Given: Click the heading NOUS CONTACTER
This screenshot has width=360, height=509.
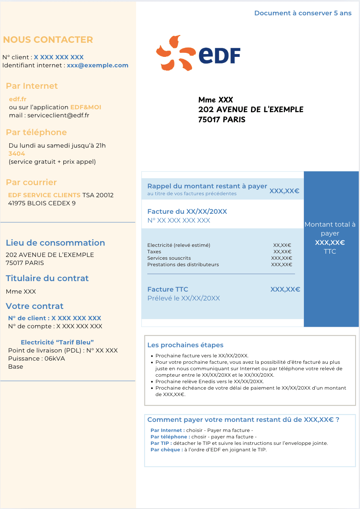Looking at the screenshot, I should [48, 40].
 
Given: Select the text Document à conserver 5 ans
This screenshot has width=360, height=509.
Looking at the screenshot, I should [303, 13].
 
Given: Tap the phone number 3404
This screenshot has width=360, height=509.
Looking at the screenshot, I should [17, 154].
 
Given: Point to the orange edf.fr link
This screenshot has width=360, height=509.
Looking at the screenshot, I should [17, 99].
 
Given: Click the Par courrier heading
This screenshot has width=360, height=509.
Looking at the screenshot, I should [31, 182].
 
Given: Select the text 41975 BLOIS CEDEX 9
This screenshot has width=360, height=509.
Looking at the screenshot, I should [42, 203].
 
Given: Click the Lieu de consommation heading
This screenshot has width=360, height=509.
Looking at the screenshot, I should [55, 243].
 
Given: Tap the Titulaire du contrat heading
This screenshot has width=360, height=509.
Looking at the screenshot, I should [47, 278].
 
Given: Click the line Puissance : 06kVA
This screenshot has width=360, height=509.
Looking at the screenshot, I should [36, 359].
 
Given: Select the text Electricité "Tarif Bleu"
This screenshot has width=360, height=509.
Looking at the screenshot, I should [57, 342].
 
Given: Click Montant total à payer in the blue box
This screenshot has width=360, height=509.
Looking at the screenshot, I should [330, 229].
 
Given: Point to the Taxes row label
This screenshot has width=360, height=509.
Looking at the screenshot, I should [154, 252].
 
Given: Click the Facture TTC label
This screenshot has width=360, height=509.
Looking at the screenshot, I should [167, 289].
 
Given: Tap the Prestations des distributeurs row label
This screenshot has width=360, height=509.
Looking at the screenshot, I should [183, 265].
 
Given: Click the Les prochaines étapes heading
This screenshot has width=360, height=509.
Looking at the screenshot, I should [185, 345].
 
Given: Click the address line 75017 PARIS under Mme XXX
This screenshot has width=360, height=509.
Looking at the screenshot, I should [222, 119].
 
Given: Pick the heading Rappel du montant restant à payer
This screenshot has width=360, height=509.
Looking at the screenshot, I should [207, 186].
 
